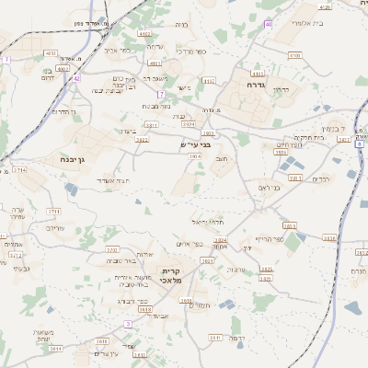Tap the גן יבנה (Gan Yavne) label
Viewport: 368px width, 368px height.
point(75,165)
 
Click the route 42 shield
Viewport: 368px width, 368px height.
point(77,78)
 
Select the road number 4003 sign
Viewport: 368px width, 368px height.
point(52,53)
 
